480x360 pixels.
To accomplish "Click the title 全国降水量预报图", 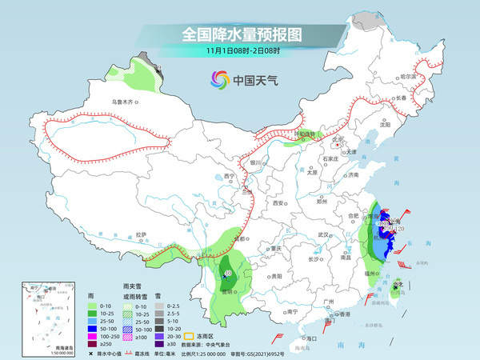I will click(240, 34).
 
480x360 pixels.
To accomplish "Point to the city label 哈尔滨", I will click(408, 75).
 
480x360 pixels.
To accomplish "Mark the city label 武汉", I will click(323, 234).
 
